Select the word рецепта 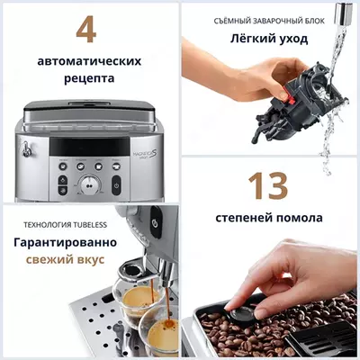88,79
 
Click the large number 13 268,185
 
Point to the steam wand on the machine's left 28,158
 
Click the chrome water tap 343,13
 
